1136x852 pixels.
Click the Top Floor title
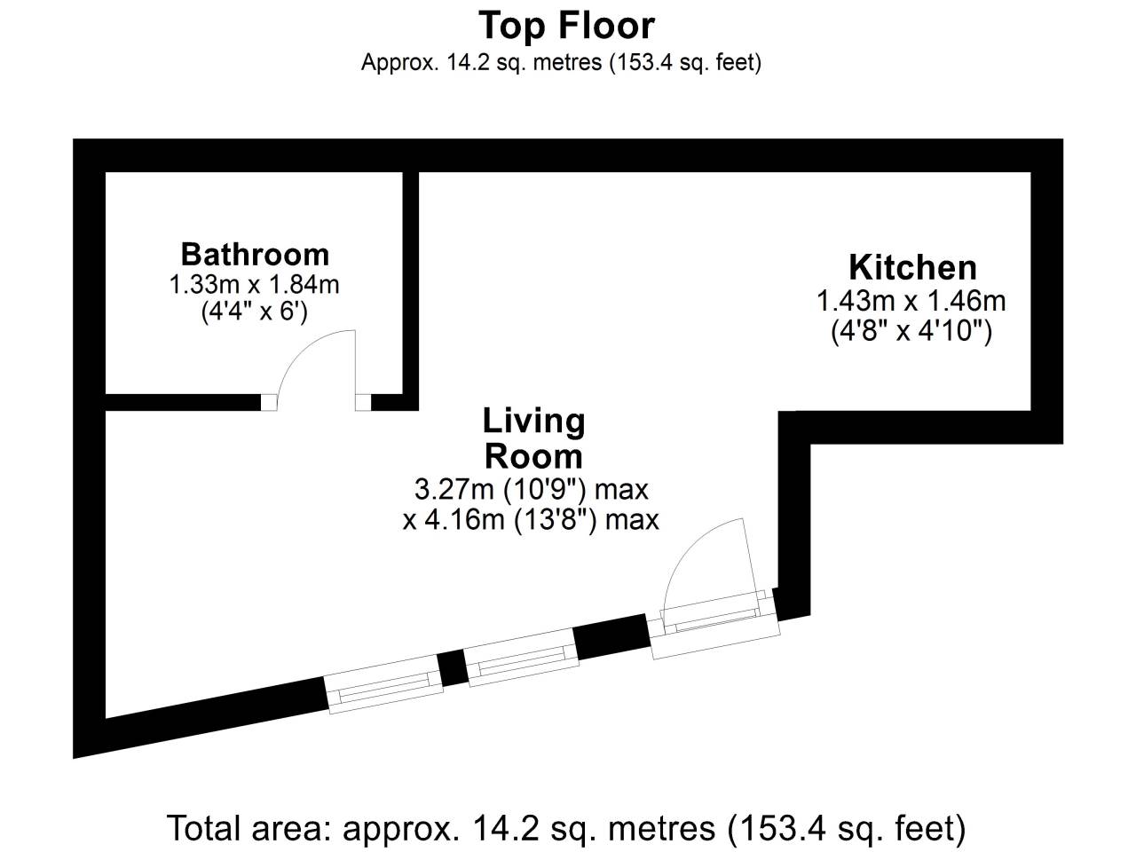566,26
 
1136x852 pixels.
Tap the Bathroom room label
255,255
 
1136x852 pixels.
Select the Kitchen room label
913,267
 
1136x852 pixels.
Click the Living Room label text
533,438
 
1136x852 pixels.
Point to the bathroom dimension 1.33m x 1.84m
254,285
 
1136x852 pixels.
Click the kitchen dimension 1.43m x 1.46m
911,301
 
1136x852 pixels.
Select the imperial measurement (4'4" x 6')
254,312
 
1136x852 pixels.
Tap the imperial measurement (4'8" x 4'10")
911,331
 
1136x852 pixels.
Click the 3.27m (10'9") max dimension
531,489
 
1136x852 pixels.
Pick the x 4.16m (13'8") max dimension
531,520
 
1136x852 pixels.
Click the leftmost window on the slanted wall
384,684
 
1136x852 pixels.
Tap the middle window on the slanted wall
523,658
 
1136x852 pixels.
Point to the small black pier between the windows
454,667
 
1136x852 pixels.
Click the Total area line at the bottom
566,828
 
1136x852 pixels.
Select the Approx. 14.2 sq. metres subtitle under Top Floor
561,63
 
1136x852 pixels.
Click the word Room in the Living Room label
533,456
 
